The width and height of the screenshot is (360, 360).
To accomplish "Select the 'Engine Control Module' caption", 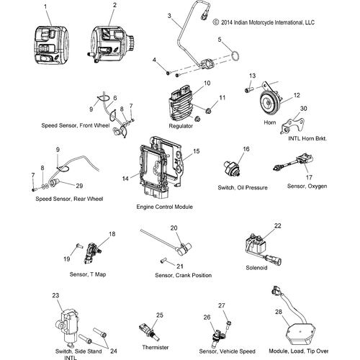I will pyautogui.click(x=164, y=207).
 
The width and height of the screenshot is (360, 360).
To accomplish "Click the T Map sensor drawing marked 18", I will pyautogui.click(x=96, y=248).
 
